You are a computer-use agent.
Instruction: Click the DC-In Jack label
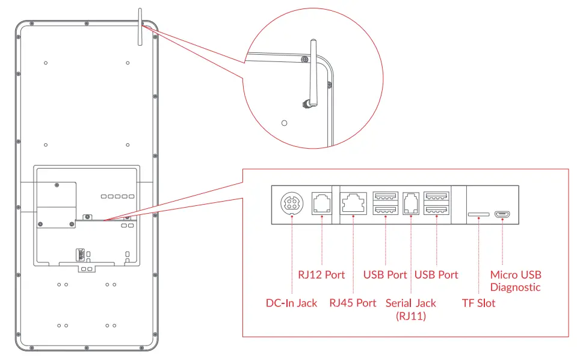point(291,303)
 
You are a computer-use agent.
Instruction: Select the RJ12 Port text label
point(321,275)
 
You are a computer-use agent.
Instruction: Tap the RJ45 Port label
point(353,303)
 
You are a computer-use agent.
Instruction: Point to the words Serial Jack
point(410,303)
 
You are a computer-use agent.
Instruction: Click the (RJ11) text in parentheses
point(410,315)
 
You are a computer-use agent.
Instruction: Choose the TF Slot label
point(478,303)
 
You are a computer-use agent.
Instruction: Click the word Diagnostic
point(515,288)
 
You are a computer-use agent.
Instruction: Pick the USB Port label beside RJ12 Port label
point(385,275)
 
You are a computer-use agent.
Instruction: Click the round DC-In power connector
point(292,203)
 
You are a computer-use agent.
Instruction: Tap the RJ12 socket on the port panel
point(321,203)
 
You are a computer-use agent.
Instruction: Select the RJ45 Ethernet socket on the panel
point(353,203)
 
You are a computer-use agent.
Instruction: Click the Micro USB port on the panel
point(502,214)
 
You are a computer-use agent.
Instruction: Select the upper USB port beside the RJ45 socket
point(385,196)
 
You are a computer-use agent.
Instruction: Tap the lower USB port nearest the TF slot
point(436,209)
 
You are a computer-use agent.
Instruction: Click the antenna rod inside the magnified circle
point(313,66)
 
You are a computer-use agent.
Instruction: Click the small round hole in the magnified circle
point(285,123)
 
